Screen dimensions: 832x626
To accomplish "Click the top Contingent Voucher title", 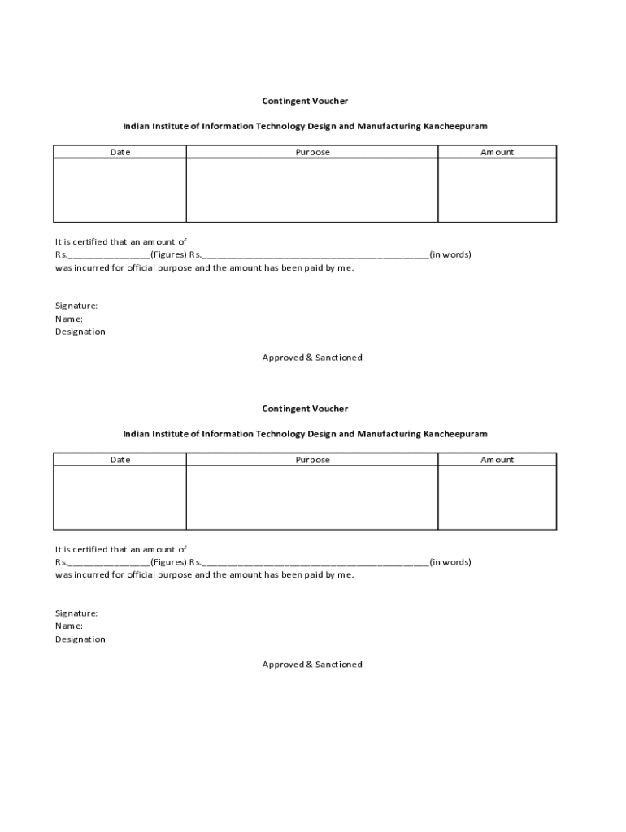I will coord(305,101).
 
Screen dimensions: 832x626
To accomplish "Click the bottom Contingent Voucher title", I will coord(305,409).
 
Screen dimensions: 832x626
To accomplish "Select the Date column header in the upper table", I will coord(120,152).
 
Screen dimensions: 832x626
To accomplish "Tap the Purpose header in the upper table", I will coord(312,152).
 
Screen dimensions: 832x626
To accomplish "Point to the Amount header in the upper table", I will coord(497,152).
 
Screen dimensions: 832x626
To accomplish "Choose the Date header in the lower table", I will coord(120,460).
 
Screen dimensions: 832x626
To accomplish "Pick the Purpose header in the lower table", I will coord(312,460).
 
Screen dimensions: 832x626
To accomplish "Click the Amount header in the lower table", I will coord(497,460).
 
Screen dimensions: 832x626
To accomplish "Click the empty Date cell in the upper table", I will coord(120,190).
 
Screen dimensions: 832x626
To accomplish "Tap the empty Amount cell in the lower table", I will coord(497,498).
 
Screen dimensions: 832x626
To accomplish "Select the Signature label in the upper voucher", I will coord(76,305).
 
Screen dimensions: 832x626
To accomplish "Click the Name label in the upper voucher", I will coord(69,318).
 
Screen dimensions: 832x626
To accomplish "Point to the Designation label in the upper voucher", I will coord(81,331).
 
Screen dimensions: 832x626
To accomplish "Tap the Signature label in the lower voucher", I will coord(76,613).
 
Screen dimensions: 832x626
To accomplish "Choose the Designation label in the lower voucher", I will coord(81,639).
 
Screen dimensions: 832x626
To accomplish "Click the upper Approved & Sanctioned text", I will coord(312,357).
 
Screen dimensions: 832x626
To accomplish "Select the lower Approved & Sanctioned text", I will coord(312,665).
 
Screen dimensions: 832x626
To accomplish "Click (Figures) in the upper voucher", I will coord(169,254).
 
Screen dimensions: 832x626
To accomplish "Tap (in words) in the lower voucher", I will coord(450,562).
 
